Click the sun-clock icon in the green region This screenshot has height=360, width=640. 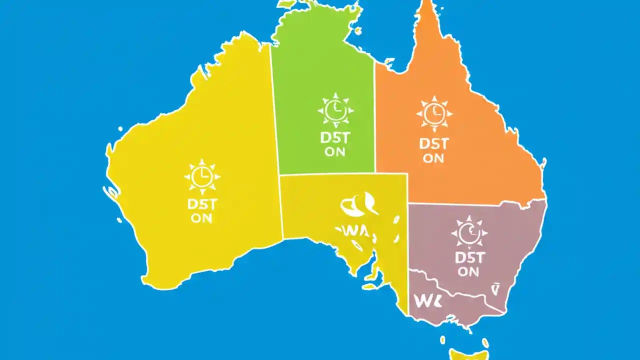click(335, 110)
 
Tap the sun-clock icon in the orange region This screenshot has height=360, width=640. click(434, 113)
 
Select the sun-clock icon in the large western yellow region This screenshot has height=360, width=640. click(202, 176)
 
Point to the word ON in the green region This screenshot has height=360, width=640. click(334, 152)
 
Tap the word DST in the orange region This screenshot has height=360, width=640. click(433, 144)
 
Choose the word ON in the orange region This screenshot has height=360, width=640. click(433, 158)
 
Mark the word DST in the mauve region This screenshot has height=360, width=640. click(469, 258)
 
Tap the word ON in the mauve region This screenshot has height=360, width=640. click(468, 272)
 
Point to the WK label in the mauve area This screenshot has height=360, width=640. click(425, 301)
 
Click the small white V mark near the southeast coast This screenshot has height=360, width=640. click(496, 288)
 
